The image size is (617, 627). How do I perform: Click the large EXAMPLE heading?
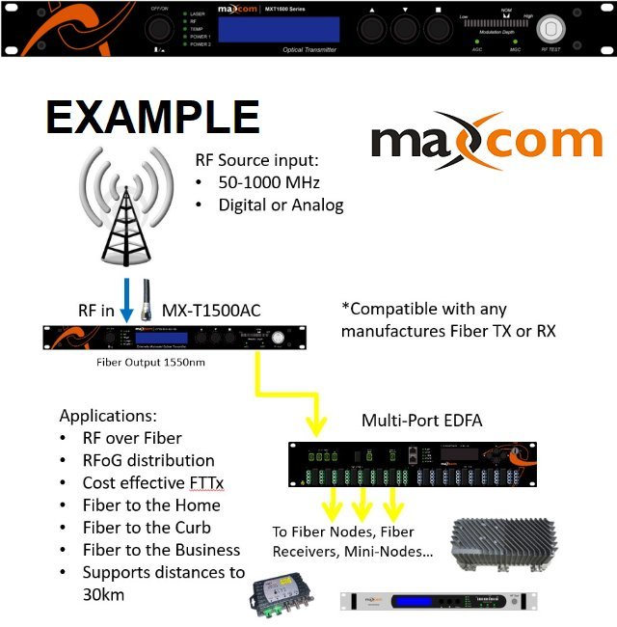pyautogui.click(x=152, y=118)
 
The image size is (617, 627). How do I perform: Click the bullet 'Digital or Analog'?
pyautogui.click(x=281, y=204)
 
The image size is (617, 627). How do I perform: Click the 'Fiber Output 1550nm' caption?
pyautogui.click(x=153, y=363)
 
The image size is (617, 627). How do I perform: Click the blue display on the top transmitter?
pyautogui.click(x=264, y=29)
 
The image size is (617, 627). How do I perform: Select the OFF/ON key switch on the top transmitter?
pyautogui.click(x=158, y=30)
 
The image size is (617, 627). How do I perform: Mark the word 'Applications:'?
pyautogui.click(x=108, y=416)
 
